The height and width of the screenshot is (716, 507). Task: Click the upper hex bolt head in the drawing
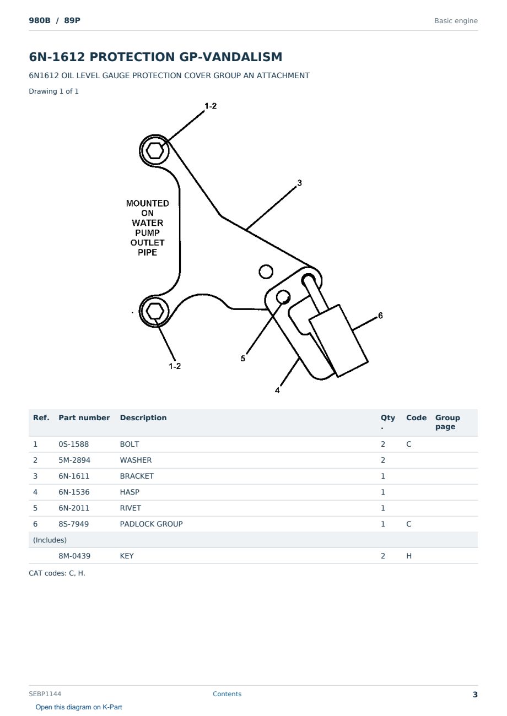point(155,150)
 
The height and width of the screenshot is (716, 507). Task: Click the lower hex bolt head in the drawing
point(155,311)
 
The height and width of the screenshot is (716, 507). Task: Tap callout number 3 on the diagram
point(299,183)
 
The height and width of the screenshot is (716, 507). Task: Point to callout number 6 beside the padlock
point(380,316)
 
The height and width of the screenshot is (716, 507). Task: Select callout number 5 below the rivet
point(243,359)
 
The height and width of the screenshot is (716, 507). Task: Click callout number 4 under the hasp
point(277,390)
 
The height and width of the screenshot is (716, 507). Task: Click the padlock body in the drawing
point(339,341)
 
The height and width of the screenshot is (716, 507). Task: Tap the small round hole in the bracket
point(266,272)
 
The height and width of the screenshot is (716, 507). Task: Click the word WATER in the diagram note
point(148,223)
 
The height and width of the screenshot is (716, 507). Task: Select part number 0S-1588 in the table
point(74,444)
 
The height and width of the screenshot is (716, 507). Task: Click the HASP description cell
point(130,492)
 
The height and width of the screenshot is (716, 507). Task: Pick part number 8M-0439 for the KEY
point(74,556)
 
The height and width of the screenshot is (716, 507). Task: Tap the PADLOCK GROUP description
point(152,524)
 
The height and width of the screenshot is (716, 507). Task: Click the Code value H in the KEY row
point(409,556)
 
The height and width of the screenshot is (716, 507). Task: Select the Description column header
point(143,417)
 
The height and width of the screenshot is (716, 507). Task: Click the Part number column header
point(84,417)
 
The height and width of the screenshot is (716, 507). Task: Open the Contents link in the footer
point(227,693)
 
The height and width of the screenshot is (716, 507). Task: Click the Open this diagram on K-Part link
point(79,707)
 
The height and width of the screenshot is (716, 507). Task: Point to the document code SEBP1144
point(45,693)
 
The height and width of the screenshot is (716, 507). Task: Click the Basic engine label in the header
point(456,21)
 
